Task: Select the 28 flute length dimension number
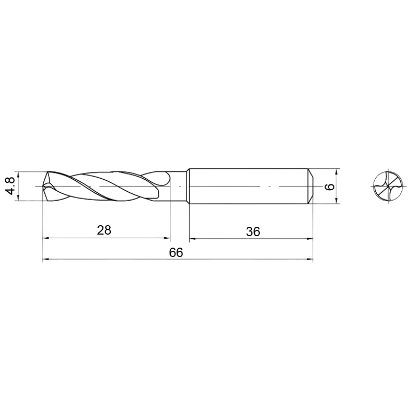[x=104, y=230]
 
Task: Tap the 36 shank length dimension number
[x=253, y=231]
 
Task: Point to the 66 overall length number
[x=176, y=252]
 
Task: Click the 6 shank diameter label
[x=330, y=187]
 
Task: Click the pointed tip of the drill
[x=43, y=186]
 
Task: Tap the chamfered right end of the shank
[x=310, y=186]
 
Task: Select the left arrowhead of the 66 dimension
[x=45, y=259]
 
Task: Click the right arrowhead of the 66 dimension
[x=310, y=259]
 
